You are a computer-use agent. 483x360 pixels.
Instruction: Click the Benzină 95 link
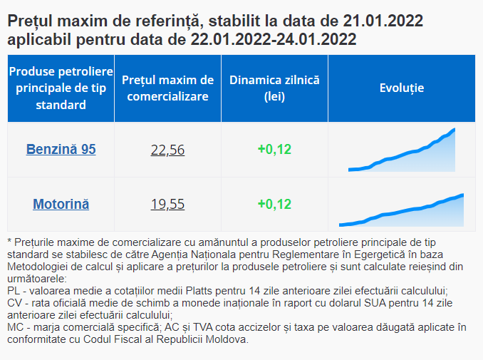(61, 149)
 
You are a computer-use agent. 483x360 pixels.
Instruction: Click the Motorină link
(61, 204)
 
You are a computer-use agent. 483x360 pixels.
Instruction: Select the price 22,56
(167, 149)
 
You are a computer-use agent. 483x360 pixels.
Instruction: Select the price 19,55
(167, 204)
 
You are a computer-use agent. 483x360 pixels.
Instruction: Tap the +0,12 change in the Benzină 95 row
(274, 149)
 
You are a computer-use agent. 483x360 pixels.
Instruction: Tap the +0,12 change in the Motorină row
(274, 204)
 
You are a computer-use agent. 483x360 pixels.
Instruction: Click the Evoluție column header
(401, 88)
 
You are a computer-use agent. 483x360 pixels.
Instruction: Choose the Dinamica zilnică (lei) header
(274, 88)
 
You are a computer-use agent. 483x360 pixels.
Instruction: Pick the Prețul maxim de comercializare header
(167, 88)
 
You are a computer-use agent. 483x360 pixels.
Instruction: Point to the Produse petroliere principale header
(61, 88)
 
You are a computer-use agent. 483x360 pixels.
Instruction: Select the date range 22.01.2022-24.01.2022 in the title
(274, 38)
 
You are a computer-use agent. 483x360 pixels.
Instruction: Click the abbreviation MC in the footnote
(14, 327)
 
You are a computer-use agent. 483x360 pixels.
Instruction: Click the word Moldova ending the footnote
(229, 339)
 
